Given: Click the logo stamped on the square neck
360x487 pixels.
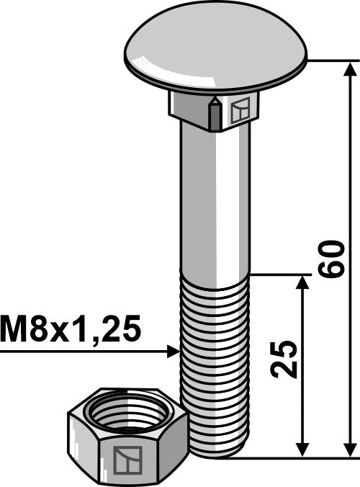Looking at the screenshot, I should pyautogui.click(x=240, y=110).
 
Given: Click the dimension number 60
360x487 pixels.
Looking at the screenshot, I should pyautogui.click(x=332, y=259).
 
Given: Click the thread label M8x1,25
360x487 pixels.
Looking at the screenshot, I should pyautogui.click(x=71, y=329).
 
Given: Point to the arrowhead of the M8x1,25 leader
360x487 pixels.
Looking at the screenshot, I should pyautogui.click(x=173, y=352).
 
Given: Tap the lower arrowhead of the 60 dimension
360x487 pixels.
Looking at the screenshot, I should pyautogui.click(x=351, y=448).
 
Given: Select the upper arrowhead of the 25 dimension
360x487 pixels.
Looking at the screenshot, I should pyautogui.click(x=303, y=282).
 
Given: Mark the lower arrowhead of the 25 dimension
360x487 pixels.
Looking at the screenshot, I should pyautogui.click(x=303, y=448).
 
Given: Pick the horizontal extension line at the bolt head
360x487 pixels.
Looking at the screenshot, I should pyautogui.click(x=328, y=61).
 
